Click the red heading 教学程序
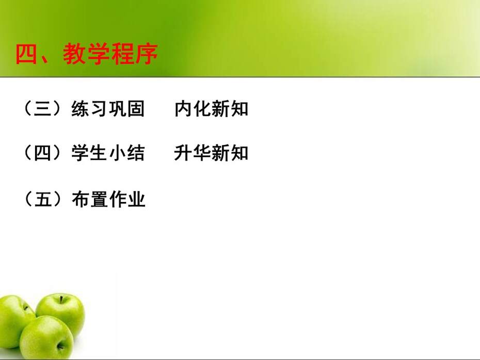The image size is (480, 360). coord(110,54)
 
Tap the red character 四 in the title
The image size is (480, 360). coord(26,54)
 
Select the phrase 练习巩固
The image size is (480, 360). coord(108,109)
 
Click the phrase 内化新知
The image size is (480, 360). coord(211,109)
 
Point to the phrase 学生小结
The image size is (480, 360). coord(108,152)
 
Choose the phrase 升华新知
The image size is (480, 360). coord(211,152)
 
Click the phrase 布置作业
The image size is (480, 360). coord(108,199)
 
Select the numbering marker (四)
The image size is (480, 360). coord(42,152)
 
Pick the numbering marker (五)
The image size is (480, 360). coord(42,199)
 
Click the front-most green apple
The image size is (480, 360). coord(46,337)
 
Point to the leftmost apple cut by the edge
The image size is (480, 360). coord(14,321)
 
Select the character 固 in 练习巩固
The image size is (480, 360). coord(136,109)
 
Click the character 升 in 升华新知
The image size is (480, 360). coord(183,152)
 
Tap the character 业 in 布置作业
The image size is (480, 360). coord(136,199)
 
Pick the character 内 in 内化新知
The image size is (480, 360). coord(183,109)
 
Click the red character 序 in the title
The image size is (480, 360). coord(147,54)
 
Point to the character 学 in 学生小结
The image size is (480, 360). coord(80,152)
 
